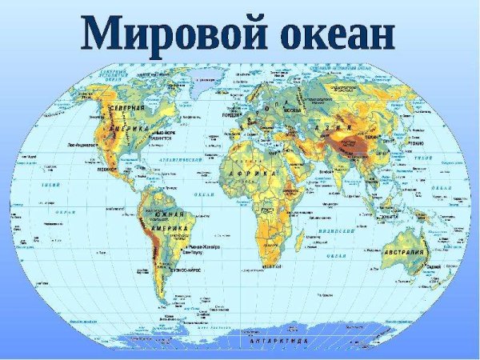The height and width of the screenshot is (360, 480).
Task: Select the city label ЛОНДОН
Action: [228, 113]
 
